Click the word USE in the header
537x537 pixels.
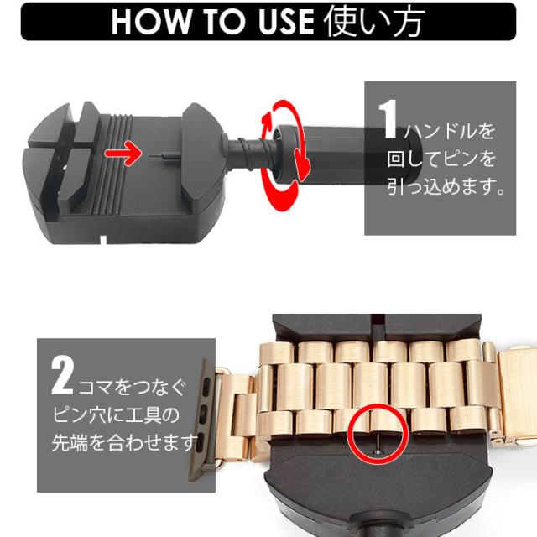click(x=286, y=22)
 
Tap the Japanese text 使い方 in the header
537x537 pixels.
click(x=374, y=21)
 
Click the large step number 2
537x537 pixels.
click(x=62, y=376)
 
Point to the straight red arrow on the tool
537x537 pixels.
click(x=123, y=153)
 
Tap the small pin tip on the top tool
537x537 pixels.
click(x=163, y=156)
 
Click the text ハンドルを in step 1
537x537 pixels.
click(x=449, y=131)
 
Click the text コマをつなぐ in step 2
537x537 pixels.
click(x=132, y=387)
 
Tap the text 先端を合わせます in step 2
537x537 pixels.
click(x=125, y=442)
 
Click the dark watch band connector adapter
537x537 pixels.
click(x=205, y=420)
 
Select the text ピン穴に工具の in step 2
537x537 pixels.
click(x=116, y=414)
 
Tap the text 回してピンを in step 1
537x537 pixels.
click(x=441, y=159)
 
